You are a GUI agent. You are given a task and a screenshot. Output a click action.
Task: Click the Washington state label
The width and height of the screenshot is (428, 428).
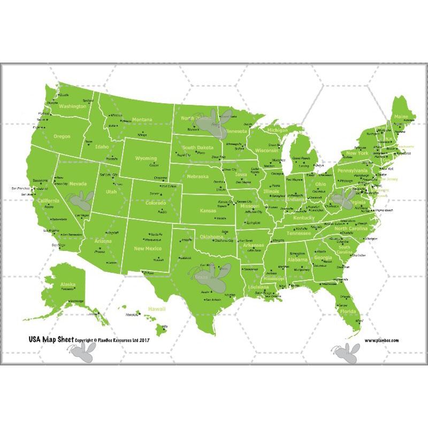72,106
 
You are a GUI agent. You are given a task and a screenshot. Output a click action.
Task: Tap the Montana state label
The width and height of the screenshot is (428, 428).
142,119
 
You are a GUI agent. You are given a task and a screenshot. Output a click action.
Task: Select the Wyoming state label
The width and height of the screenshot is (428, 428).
146,158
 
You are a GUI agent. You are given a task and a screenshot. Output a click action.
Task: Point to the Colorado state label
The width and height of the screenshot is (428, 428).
156,203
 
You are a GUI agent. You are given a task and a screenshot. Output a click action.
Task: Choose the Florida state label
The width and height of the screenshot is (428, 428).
348,311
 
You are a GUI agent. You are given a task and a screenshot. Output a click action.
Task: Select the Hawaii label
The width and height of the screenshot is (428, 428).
157,309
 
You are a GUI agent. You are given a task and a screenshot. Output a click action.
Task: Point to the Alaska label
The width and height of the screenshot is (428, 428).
68,284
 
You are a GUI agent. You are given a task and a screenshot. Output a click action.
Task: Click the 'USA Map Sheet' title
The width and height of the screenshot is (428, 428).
50,339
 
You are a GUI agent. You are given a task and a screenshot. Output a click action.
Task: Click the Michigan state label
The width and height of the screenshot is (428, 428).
277,130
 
